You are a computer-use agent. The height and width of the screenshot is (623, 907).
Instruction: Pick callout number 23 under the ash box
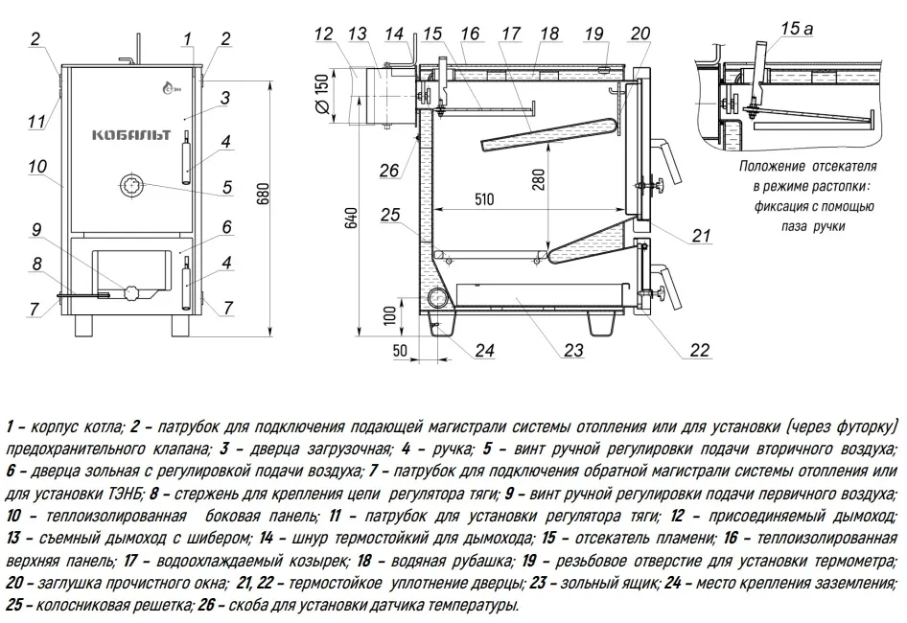pyautogui.click(x=573, y=349)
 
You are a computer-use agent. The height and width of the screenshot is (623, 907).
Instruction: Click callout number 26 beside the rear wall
pyautogui.click(x=387, y=170)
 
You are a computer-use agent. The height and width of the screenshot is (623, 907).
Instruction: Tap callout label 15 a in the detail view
pyautogui.click(x=797, y=29)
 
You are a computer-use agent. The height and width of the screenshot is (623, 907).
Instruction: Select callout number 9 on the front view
pyautogui.click(x=35, y=230)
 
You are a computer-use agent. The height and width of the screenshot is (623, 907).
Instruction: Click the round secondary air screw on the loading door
pyautogui.click(x=131, y=185)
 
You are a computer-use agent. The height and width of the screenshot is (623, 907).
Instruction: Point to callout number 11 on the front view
pyautogui.click(x=36, y=121)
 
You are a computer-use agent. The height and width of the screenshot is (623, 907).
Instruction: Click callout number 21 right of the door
pyautogui.click(x=701, y=236)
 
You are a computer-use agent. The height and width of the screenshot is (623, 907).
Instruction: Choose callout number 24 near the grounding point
pyautogui.click(x=484, y=350)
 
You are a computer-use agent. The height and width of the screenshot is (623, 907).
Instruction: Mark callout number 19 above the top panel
pyautogui.click(x=594, y=34)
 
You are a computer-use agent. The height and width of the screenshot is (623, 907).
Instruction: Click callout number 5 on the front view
pyautogui.click(x=226, y=187)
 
